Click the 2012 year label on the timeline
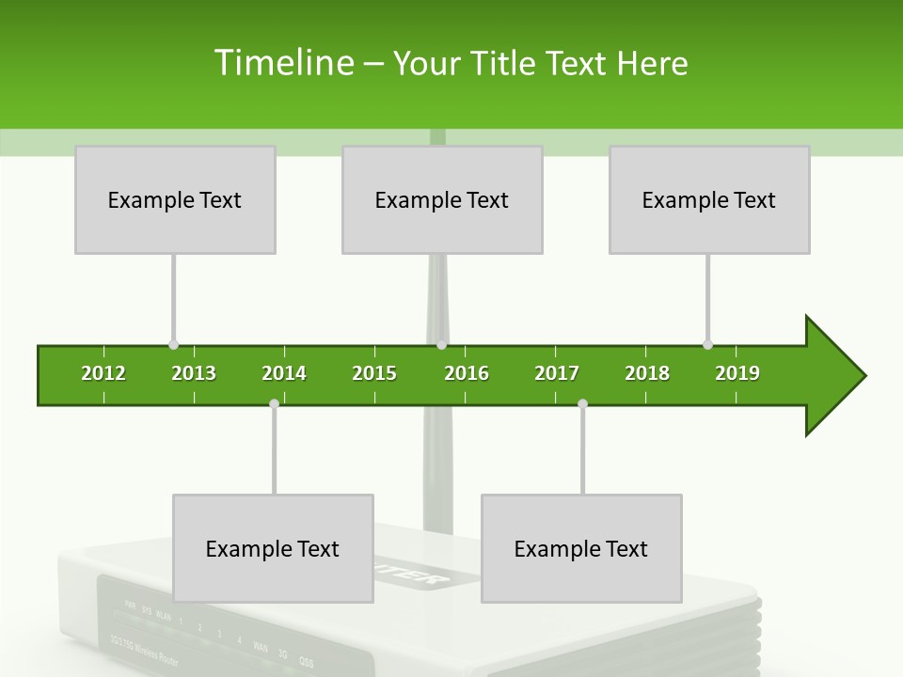pos(103,373)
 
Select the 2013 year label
pos(194,373)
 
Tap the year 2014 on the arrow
pos(284,373)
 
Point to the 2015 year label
pos(374,373)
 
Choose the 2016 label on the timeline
pos(467,373)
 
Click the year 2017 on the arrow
pos(557,373)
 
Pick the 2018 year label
pos(647,373)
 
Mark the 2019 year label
pos(737,373)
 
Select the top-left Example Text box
pos(175,199)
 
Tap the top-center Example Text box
pos(442,199)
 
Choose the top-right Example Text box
pos(709,199)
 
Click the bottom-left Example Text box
pos(273,548)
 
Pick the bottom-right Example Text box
pos(581,548)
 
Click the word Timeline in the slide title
pos(282,63)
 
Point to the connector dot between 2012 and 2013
pos(173,345)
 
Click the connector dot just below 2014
pos(274,403)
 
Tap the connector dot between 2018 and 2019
pos(707,345)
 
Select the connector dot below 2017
pos(582,403)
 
